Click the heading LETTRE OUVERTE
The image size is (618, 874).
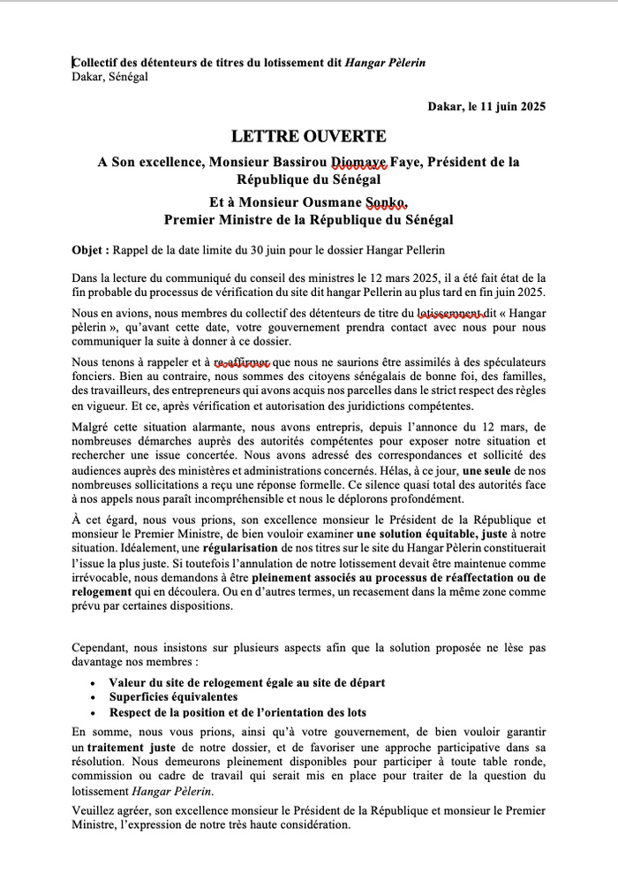coord(308,137)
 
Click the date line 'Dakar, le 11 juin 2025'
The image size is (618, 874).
coord(486,107)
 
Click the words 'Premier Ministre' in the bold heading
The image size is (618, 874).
coord(218,218)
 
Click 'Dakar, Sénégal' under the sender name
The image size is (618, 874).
coord(109,77)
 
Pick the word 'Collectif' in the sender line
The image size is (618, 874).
coord(99,62)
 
